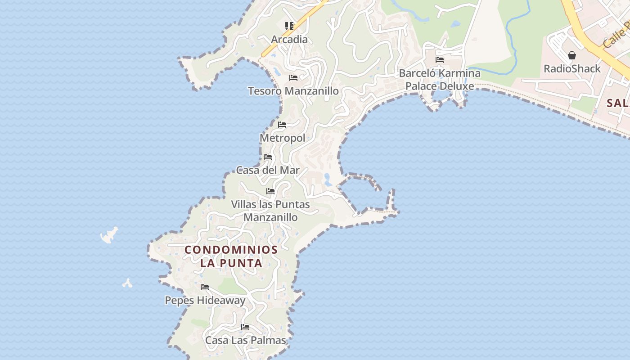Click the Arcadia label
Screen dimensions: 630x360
(290, 40)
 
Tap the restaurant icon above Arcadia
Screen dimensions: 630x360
(289, 26)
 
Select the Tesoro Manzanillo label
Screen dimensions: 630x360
(293, 91)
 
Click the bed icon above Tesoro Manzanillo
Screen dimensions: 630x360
(293, 78)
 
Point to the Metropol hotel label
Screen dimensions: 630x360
(283, 138)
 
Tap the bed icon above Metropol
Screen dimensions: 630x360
(282, 125)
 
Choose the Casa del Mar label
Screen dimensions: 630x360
(268, 171)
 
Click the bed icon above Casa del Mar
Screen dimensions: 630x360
(268, 157)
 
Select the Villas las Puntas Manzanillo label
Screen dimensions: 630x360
(270, 211)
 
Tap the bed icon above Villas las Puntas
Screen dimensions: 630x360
(270, 191)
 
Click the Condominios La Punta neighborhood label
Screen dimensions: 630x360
(231, 256)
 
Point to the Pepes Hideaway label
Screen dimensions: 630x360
(205, 301)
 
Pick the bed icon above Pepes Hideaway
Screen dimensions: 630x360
(205, 287)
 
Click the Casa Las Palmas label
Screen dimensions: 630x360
(246, 340)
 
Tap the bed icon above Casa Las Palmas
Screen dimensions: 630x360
(245, 327)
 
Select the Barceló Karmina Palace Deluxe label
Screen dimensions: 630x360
(440, 80)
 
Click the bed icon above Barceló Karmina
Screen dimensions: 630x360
(440, 60)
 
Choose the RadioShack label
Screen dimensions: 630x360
(572, 69)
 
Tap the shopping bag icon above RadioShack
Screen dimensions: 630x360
(572, 55)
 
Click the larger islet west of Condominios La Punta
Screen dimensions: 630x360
(109, 235)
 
